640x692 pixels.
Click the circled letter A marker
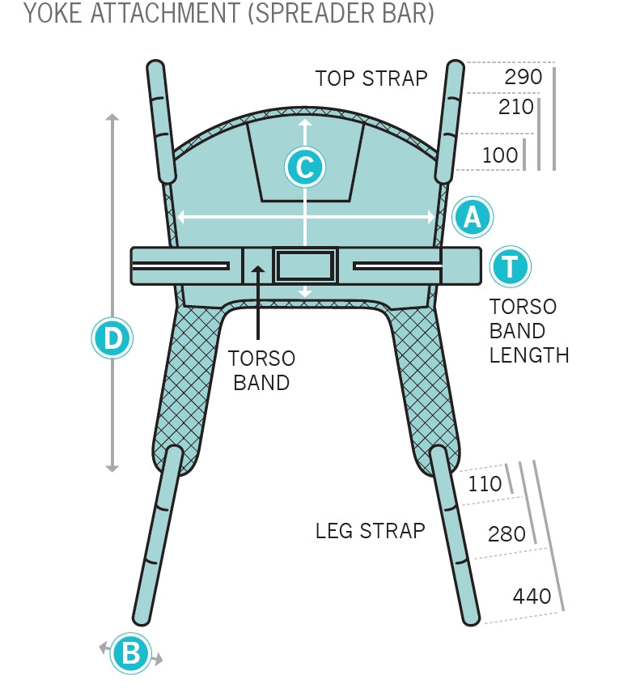[472, 217]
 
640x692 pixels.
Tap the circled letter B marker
[131, 652]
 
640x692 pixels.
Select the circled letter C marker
[305, 168]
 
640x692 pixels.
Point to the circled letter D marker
[112, 338]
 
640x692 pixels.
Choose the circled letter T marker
[510, 266]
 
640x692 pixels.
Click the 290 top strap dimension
[523, 77]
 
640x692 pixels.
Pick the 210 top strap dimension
[515, 107]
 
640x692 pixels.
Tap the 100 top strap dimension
[500, 155]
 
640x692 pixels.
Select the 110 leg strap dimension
[485, 484]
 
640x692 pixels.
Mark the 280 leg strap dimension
[506, 534]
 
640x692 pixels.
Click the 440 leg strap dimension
[532, 596]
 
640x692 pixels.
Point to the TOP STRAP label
[371, 79]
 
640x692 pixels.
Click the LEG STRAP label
[370, 531]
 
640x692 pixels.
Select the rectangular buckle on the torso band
[305, 265]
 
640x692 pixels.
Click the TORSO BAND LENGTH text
[529, 330]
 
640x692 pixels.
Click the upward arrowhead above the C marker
[305, 123]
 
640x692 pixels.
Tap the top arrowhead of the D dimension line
[112, 118]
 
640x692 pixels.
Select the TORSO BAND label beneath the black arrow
[261, 370]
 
